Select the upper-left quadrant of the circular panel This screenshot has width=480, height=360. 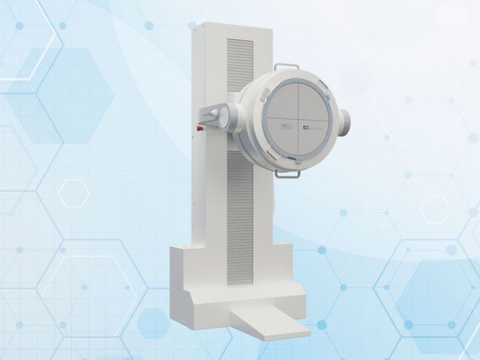(282, 100)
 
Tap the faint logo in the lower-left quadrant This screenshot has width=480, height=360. (287, 126)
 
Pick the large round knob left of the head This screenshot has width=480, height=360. (227, 117)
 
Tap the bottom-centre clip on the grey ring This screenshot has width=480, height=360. (298, 160)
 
